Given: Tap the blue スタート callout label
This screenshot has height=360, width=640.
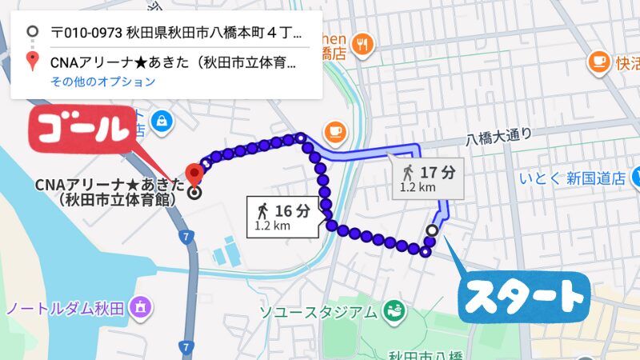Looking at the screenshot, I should (524, 297).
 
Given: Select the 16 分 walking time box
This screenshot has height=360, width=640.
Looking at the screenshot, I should (285, 216).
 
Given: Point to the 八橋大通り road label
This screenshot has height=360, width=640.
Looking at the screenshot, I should (499, 138).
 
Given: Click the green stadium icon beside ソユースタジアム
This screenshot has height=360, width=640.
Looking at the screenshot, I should (392, 310).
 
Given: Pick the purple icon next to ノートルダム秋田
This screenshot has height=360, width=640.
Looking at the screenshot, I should (142, 306).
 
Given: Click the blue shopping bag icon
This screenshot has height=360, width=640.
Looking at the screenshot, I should (163, 120).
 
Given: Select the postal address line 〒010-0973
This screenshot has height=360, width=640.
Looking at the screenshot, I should (176, 33).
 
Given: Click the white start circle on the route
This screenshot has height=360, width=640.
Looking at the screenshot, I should (433, 231).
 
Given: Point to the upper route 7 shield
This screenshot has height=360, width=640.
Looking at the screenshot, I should (186, 237).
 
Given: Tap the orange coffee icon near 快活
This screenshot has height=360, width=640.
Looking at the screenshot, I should (598, 61).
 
